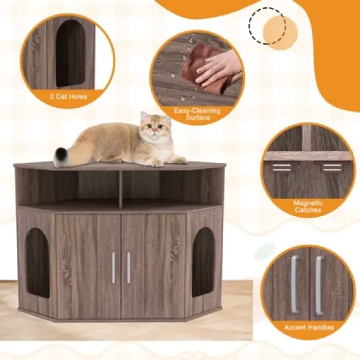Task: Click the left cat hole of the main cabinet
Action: tap(37, 262)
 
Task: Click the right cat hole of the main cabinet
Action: tap(203, 261)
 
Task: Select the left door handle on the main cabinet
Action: tap(113, 267)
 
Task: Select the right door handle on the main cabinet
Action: tap(128, 267)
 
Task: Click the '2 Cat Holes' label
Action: tap(68, 97)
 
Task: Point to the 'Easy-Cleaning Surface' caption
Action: tap(197, 115)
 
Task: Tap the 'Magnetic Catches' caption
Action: tap(308, 207)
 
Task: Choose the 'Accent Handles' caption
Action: tap(308, 327)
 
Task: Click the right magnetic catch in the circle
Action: tap(331, 167)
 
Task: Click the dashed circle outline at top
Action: tap(267, 26)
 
